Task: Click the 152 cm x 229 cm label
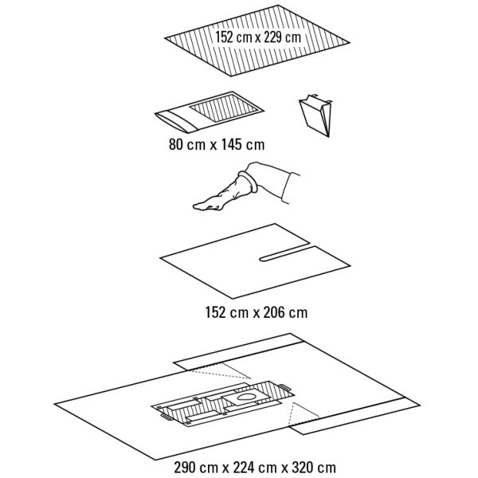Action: tap(258, 37)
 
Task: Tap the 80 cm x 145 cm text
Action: tap(217, 144)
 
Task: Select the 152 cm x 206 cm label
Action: tap(257, 312)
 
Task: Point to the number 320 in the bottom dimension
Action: tap(302, 468)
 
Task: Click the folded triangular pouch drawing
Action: tap(315, 115)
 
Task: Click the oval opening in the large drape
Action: tap(247, 398)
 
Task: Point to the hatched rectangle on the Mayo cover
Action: tap(224, 108)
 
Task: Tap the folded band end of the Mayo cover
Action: tap(176, 121)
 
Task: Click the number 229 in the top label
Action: tap(273, 37)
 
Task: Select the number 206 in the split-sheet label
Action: tap(274, 312)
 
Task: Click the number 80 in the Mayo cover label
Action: tap(176, 144)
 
